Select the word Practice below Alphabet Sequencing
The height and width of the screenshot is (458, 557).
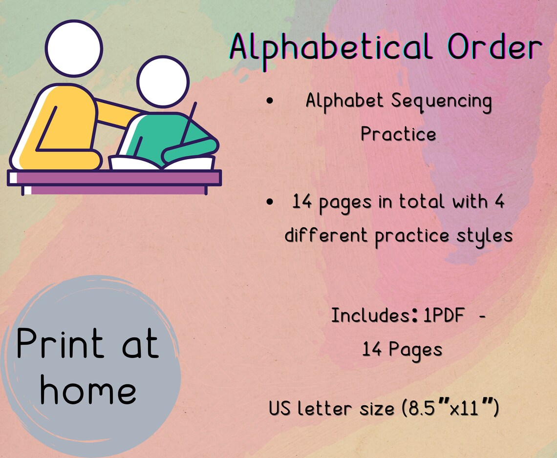coord(398,134)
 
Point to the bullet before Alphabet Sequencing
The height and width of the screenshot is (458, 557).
coord(270,102)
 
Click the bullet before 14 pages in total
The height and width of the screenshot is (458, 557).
coord(270,202)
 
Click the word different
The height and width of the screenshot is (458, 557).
coord(326,235)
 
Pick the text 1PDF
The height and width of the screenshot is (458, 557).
coord(444,316)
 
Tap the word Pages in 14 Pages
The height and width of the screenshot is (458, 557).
coord(415,350)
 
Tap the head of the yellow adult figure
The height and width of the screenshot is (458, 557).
coord(74,48)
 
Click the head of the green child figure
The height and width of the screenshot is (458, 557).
coord(162,82)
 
